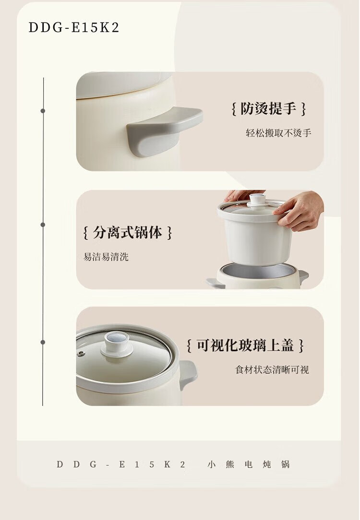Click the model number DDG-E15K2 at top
73,27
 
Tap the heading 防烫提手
268,108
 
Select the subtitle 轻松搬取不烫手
278,133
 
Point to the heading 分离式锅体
127,233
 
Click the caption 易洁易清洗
106,257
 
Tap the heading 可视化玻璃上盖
245,345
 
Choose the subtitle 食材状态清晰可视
272,369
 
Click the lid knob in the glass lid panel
117,343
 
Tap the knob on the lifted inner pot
258,200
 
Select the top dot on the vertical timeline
43,111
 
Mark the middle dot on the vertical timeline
43,225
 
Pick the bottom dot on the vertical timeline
43,342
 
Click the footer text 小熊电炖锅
249,464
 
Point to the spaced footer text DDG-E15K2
121,464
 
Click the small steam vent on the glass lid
81,354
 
